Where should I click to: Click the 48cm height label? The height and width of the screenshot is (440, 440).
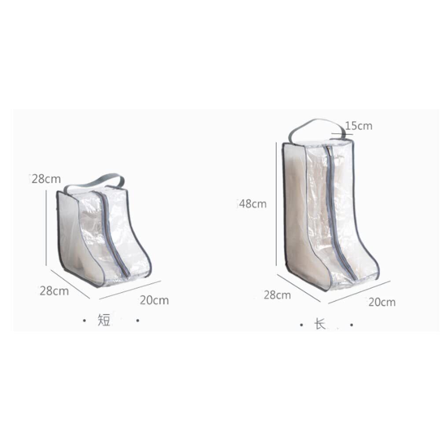(253, 204)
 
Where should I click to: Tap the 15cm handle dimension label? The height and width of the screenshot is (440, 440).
(359, 126)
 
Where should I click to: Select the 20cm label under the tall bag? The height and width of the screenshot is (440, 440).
(382, 302)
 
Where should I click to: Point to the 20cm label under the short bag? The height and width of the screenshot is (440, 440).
(154, 300)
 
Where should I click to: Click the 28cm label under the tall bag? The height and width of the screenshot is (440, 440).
(277, 295)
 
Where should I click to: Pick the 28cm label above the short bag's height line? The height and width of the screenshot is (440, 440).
(46, 179)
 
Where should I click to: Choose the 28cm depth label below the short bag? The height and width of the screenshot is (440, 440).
(54, 291)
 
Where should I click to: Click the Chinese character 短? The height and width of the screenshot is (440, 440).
(104, 320)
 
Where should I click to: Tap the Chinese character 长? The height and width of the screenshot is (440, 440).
(320, 324)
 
